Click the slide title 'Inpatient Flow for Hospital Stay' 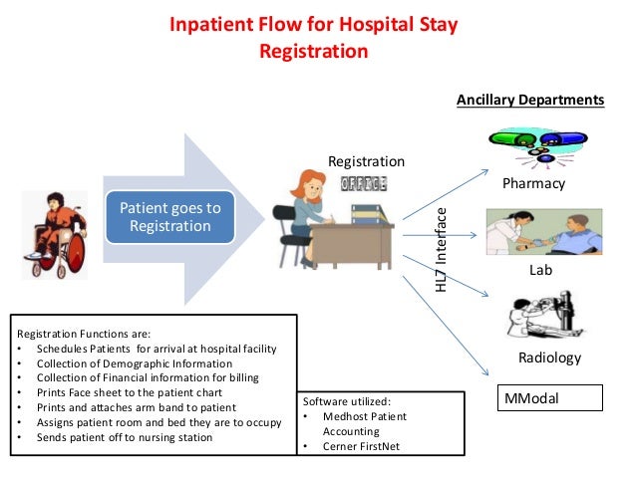point(313,24)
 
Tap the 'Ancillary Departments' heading point(529,100)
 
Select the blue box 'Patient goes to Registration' point(169,217)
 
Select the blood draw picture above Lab point(543,231)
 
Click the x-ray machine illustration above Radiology point(539,316)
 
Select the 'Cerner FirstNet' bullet point(360,447)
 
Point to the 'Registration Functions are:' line point(84,334)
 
